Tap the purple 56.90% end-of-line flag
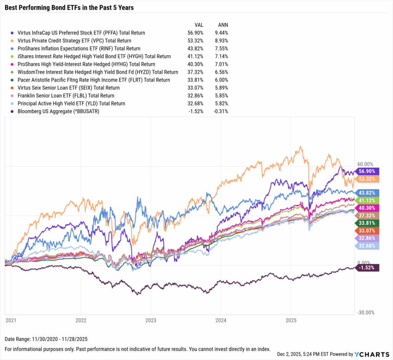tap(368, 171)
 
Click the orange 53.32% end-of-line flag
tap(368, 179)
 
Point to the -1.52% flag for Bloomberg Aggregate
tap(368, 268)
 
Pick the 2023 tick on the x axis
tap(151, 319)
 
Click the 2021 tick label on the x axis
tap(11, 319)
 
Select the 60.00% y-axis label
tap(365, 164)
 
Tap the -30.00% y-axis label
tap(366, 312)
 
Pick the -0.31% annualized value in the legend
tap(222, 111)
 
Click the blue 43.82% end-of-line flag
tap(368, 192)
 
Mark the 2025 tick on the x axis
tap(291, 319)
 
